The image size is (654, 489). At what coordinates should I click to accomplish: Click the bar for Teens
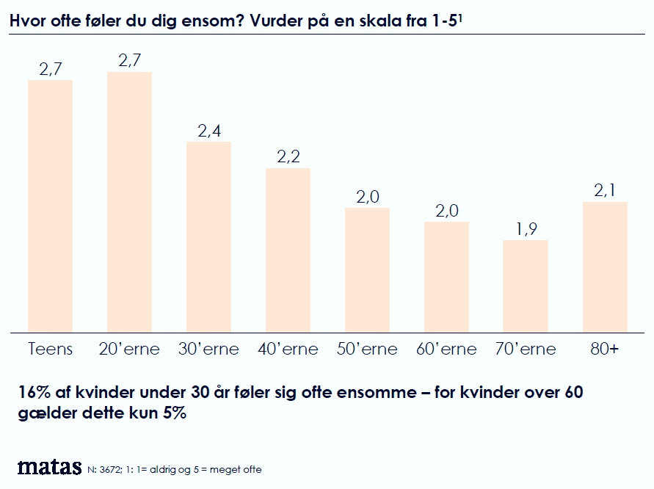pyautogui.click(x=50, y=206)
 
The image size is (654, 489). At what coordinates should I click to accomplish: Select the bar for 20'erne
pyautogui.click(x=129, y=202)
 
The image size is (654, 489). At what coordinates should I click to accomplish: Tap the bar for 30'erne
pyautogui.click(x=208, y=236)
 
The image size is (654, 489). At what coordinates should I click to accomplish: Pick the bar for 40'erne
pyautogui.click(x=288, y=250)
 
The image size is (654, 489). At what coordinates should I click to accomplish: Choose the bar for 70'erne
pyautogui.click(x=526, y=286)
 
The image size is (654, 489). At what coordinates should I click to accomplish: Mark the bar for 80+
pyautogui.click(x=605, y=267)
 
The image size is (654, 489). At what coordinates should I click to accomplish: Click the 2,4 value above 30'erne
pyautogui.click(x=209, y=131)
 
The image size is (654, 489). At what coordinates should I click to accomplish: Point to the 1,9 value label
pyautogui.click(x=526, y=230)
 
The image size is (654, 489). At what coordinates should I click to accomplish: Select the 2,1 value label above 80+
pyautogui.click(x=606, y=192)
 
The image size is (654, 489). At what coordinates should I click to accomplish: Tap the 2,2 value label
pyautogui.click(x=288, y=158)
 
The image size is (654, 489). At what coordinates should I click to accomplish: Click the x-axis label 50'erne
pyautogui.click(x=367, y=349)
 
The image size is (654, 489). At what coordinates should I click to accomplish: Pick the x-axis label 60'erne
pyautogui.click(x=446, y=349)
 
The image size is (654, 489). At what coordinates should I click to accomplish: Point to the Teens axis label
pyautogui.click(x=50, y=349)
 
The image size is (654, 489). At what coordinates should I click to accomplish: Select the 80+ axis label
pyautogui.click(x=605, y=349)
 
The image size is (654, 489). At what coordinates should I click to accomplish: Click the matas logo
pyautogui.click(x=49, y=467)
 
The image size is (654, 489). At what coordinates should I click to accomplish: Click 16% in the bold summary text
pyautogui.click(x=34, y=393)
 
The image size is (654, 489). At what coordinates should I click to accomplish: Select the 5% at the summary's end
pyautogui.click(x=173, y=413)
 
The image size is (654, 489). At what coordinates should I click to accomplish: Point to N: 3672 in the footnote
pyautogui.click(x=106, y=470)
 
